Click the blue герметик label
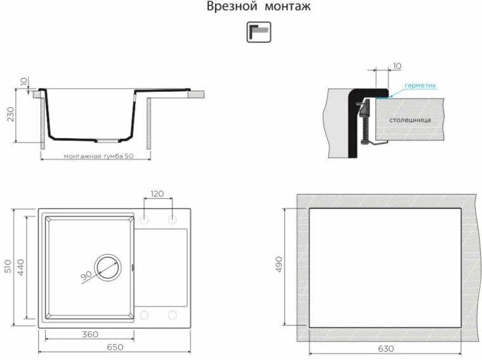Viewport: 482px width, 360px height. pos(420,86)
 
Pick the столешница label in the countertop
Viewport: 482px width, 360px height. pos(410,119)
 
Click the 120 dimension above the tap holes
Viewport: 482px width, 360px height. pos(159,194)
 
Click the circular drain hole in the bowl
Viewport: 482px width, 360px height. pos(107,267)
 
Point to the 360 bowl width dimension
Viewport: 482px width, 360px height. pos(91,334)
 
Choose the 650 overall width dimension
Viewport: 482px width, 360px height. pos(115,347)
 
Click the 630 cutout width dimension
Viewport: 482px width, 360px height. pos(384,349)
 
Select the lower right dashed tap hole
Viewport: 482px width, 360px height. pos(172,314)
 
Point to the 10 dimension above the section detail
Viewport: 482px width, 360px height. pos(397,66)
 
